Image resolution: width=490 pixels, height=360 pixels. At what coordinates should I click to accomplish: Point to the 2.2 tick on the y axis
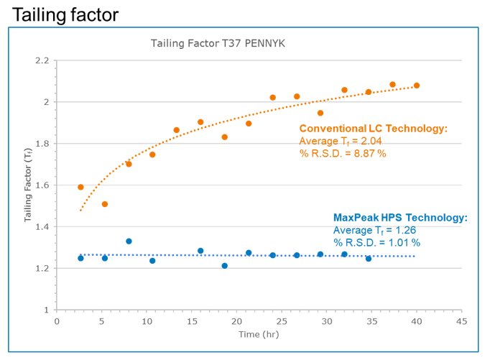point(40,61)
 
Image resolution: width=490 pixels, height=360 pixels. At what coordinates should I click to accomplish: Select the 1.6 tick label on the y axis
point(40,185)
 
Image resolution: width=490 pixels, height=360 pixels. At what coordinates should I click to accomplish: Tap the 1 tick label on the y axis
point(45,310)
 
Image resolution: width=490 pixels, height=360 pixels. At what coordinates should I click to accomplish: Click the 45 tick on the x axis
point(463,321)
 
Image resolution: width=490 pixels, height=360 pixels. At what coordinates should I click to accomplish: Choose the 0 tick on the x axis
point(57,321)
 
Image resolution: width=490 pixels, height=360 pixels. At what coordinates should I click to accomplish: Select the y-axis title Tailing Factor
point(28,185)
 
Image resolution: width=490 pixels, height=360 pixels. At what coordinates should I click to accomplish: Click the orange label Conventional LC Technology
point(373,129)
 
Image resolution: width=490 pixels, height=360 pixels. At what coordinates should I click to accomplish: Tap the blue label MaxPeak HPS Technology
point(400,218)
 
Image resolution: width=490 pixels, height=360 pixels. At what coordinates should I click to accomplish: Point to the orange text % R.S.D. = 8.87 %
point(343,153)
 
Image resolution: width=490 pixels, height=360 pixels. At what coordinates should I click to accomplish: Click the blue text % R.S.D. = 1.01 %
point(376,243)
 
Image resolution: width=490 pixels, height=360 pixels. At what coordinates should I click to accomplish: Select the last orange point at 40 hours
point(417,86)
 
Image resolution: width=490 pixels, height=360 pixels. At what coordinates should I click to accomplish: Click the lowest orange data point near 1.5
point(104,204)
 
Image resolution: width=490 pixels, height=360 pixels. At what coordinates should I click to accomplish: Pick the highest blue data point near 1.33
point(129,241)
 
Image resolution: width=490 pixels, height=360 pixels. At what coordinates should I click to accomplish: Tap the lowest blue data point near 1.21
point(224,266)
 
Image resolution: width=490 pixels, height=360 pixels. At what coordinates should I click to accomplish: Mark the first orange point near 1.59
point(80,187)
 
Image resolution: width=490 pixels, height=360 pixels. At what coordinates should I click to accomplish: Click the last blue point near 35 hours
point(369,258)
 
